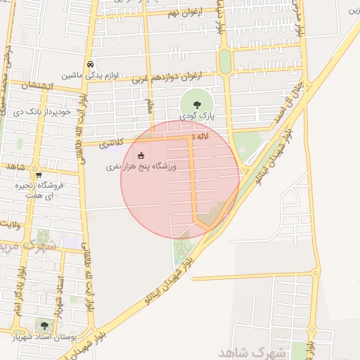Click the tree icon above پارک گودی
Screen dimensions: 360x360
click(x=196, y=104)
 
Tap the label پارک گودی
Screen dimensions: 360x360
click(x=196, y=115)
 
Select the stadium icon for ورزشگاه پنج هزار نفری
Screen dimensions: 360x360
click(x=141, y=155)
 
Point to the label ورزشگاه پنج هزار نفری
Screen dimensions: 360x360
click(x=143, y=167)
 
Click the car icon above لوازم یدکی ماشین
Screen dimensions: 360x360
click(x=91, y=65)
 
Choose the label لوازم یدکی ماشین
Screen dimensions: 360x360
click(x=88, y=75)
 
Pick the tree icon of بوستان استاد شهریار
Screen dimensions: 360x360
click(x=44, y=325)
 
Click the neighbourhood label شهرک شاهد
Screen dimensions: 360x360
click(x=249, y=351)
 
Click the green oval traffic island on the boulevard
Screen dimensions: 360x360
click(x=225, y=61)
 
